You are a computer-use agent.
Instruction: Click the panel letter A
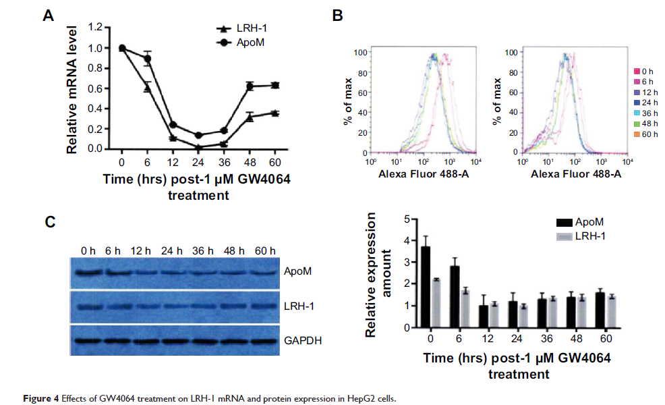48,16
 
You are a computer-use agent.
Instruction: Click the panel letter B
338,16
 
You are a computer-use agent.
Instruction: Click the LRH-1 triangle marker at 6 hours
147,87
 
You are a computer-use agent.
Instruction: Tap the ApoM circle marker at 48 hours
250,86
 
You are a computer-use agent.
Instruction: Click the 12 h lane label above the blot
143,251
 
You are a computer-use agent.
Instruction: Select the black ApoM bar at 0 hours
426,287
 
